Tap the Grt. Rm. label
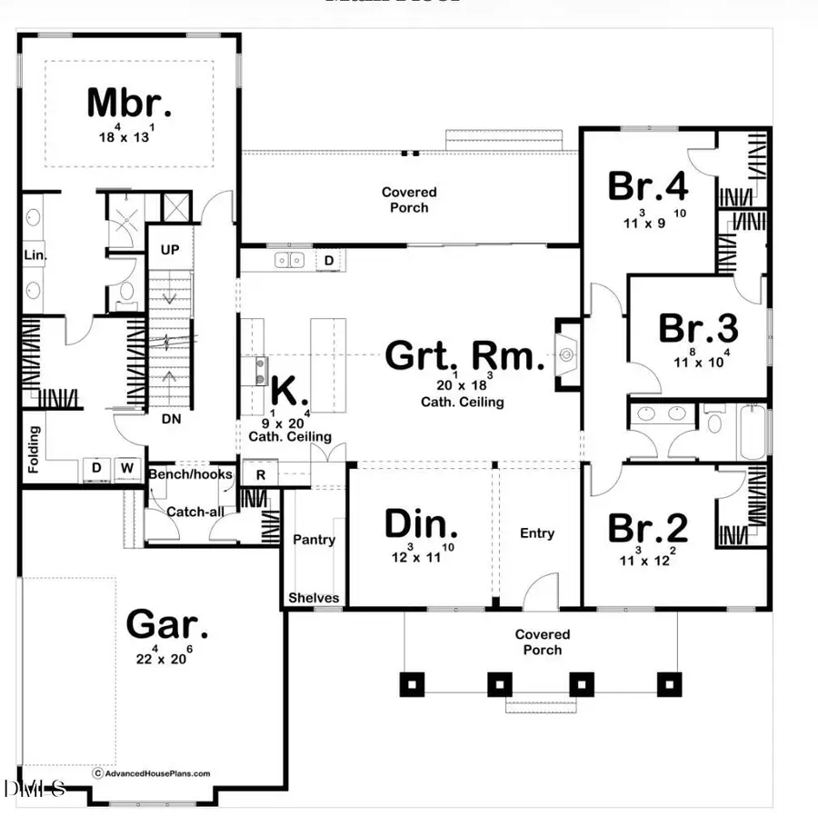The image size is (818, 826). (464, 355)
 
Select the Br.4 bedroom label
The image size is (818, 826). (647, 186)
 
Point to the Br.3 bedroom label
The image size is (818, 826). (698, 328)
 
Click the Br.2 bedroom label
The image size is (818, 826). (647, 527)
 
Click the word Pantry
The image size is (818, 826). (314, 540)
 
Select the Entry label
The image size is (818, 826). (537, 533)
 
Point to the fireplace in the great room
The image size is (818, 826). (568, 353)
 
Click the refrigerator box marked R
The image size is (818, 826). (260, 475)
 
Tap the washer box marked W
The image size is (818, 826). (128, 469)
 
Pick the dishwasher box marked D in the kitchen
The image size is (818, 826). (329, 262)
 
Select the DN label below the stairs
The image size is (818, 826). (170, 420)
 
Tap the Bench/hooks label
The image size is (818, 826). (191, 474)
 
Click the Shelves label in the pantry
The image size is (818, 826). (314, 598)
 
